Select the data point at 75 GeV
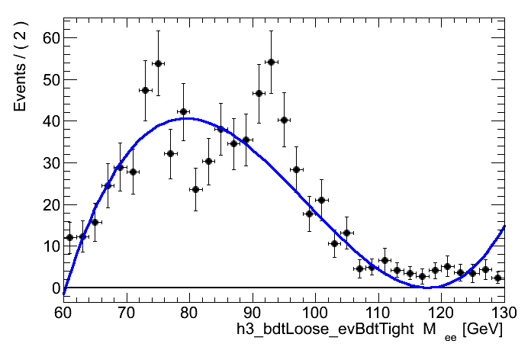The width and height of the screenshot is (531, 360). click(x=158, y=63)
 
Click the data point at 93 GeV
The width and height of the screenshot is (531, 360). click(x=271, y=62)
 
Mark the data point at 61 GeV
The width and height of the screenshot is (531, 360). click(x=69, y=237)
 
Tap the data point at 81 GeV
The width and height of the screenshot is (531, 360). click(x=195, y=189)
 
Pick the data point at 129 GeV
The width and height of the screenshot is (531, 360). click(x=497, y=278)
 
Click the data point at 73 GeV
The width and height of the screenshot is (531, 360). click(x=145, y=90)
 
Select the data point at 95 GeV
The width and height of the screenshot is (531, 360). click(x=284, y=120)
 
